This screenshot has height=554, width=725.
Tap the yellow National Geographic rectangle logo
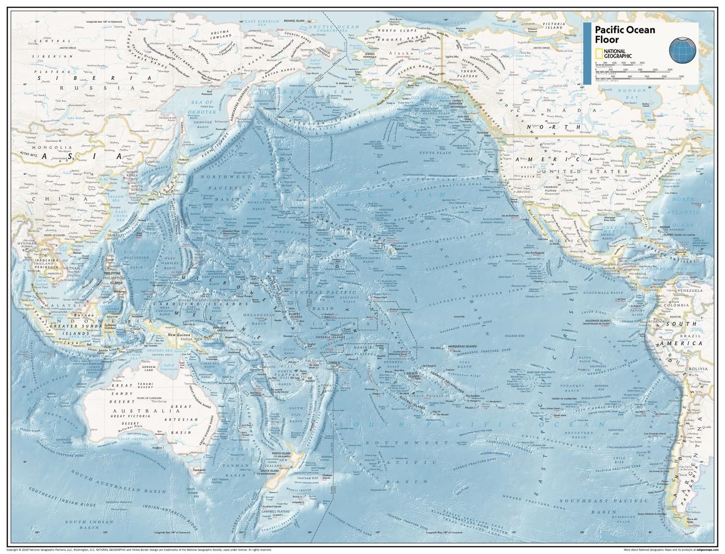pyautogui.click(x=599, y=54)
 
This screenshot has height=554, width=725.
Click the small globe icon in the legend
pyautogui.click(x=682, y=50)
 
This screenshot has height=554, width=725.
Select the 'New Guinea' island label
pyautogui.click(x=176, y=335)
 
